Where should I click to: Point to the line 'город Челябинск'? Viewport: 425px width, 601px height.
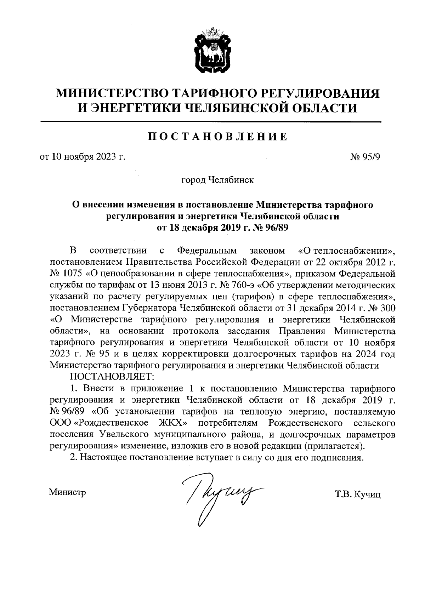[217, 180]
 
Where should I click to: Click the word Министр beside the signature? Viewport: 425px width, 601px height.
[68, 492]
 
